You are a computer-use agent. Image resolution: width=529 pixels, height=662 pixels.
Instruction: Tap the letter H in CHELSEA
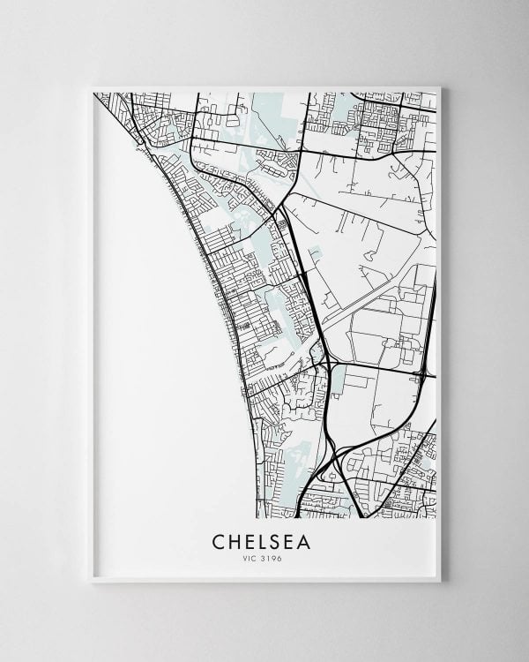pyautogui.click(x=235, y=539)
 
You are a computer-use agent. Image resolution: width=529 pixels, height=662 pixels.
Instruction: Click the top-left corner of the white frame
pyautogui.click(x=93, y=87)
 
